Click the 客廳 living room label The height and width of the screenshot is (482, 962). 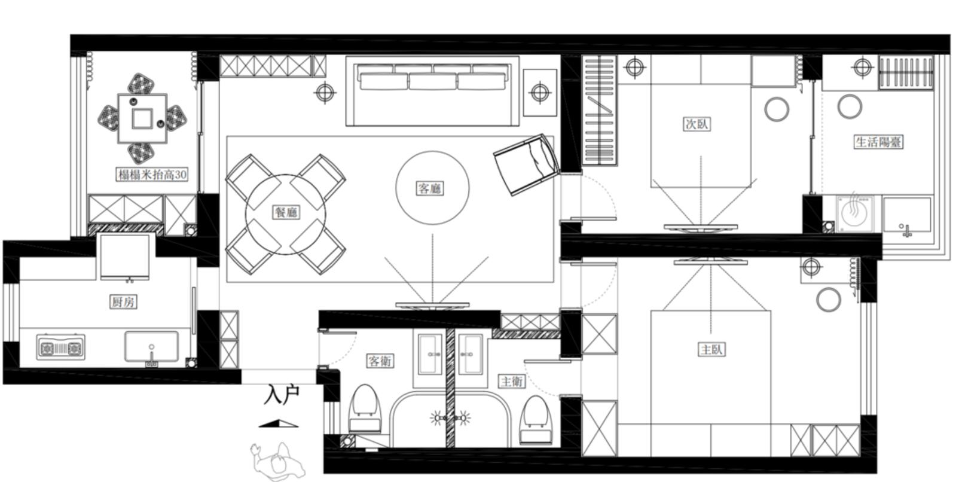tap(430, 188)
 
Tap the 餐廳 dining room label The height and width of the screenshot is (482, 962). tap(286, 212)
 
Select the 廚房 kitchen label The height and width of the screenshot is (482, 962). tap(123, 302)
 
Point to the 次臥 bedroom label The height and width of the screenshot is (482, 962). tap(697, 124)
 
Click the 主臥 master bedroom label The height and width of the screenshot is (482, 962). tap(711, 349)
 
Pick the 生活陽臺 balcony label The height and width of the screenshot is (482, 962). tap(878, 142)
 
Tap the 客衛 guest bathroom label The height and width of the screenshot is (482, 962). tap(380, 361)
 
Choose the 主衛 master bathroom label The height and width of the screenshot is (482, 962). tap(511, 381)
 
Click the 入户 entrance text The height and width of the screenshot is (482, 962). tap(281, 395)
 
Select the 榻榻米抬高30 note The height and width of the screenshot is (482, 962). tap(152, 175)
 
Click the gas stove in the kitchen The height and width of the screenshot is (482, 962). tap(60, 347)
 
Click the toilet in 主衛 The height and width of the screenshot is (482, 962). tap(536, 420)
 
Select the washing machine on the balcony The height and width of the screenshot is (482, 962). tap(854, 213)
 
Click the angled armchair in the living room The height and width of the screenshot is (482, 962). tap(527, 164)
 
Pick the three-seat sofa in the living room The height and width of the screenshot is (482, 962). tap(432, 91)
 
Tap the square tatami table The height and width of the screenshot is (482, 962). tap(142, 118)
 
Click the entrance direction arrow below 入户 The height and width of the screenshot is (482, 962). tap(278, 423)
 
